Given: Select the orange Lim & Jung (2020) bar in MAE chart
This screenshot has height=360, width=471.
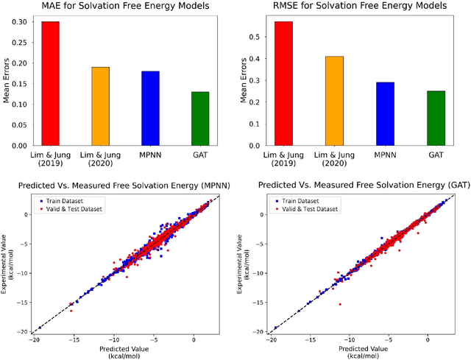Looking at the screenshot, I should point(100,106).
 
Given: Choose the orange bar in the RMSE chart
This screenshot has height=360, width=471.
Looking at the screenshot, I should point(334,101).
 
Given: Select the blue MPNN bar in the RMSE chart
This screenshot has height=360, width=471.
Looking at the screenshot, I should point(384,114).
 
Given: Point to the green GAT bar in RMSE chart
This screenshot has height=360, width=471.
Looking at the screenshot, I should point(433,119).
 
